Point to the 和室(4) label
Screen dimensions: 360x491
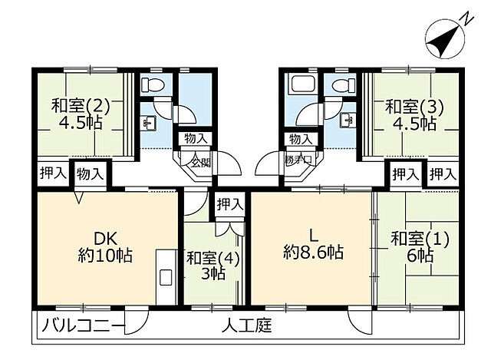pyautogui.click(x=213, y=258)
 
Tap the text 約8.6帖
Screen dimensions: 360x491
pyautogui.click(x=312, y=251)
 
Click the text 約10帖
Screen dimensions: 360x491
pyautogui.click(x=104, y=255)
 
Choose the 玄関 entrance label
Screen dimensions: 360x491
pyautogui.click(x=200, y=163)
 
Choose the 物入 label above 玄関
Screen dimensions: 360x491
pyautogui.click(x=194, y=139)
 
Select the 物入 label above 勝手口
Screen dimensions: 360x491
pyautogui.click(x=299, y=139)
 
